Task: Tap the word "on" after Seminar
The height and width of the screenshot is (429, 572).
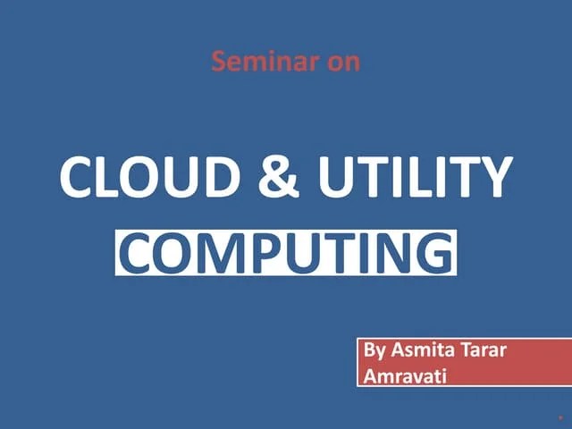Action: pos(344,62)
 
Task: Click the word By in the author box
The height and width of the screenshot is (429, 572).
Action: pos(374,349)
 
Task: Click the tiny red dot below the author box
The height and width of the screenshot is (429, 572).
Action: pos(560,416)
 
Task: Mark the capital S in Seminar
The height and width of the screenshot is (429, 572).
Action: pos(218,62)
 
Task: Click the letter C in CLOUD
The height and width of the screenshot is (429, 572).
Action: pos(78,177)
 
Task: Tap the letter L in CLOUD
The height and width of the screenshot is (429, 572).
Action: pos(111,177)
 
